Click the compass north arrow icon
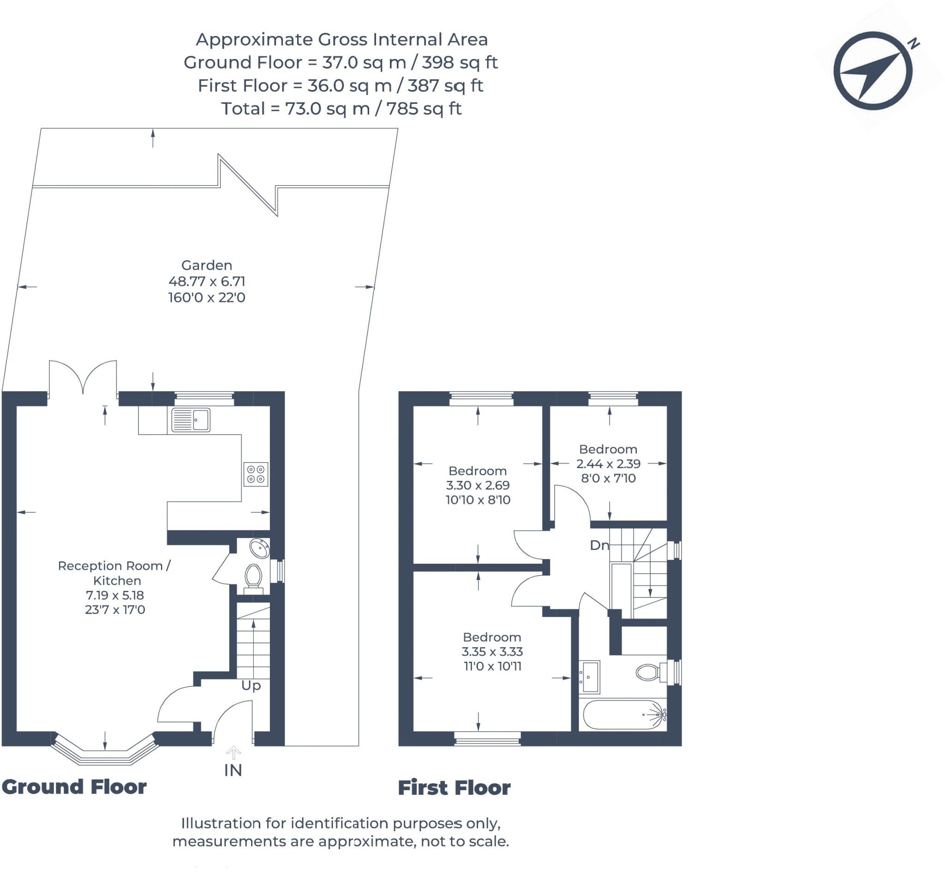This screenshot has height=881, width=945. [x=873, y=71]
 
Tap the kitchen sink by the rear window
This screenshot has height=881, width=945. [x=191, y=420]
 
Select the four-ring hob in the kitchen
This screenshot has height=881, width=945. [x=256, y=474]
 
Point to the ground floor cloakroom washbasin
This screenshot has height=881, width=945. [x=259, y=548]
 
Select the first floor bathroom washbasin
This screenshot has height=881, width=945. [x=589, y=676]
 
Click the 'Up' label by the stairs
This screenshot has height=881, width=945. [x=251, y=686]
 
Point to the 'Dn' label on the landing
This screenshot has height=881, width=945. [x=599, y=545]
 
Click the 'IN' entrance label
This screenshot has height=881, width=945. [x=233, y=770]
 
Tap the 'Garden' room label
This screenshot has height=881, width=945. [x=207, y=265]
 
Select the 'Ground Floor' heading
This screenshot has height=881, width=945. [x=74, y=787]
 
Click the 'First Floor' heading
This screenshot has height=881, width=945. [x=454, y=788]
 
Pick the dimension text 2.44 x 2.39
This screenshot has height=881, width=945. [x=609, y=463]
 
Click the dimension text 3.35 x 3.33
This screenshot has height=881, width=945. [x=492, y=651]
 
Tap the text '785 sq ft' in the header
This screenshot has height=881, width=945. [x=424, y=109]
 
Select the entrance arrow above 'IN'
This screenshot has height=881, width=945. [x=233, y=753]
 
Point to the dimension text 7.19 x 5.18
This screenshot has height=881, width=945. [x=115, y=595]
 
